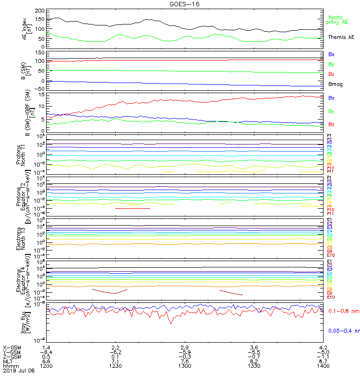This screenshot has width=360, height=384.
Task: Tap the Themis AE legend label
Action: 340,37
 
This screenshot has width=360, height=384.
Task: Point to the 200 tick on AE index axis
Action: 39,11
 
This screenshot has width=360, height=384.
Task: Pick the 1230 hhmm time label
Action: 115,366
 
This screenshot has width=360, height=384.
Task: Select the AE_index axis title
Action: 26,29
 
